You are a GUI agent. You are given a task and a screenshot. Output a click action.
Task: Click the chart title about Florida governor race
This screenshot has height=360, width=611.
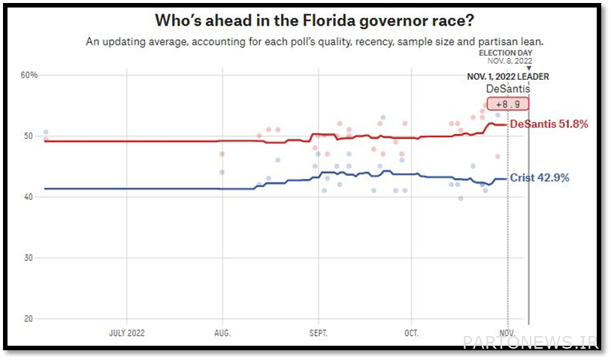click(x=304, y=20)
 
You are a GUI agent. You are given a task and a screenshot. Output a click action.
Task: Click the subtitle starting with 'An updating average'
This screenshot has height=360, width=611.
click(x=304, y=42)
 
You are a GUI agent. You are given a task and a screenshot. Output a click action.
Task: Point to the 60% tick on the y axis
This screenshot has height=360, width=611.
click(x=29, y=75)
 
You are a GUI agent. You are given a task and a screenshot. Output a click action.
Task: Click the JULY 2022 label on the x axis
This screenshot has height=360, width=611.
click(x=127, y=332)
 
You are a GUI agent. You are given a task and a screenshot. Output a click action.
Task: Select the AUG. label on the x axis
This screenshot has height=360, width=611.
click(x=222, y=332)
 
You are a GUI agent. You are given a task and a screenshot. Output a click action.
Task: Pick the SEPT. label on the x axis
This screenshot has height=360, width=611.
click(x=318, y=332)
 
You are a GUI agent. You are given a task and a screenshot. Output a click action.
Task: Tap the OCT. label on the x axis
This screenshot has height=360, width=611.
click(x=411, y=332)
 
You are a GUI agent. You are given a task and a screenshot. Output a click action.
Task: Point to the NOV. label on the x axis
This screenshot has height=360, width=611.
click(x=507, y=332)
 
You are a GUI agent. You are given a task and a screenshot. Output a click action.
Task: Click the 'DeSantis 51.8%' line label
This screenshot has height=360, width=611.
click(x=549, y=124)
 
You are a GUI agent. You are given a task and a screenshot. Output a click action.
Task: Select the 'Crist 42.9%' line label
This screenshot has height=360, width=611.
click(x=540, y=178)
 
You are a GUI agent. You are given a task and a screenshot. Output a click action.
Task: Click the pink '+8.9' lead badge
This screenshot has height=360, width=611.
click(x=508, y=104)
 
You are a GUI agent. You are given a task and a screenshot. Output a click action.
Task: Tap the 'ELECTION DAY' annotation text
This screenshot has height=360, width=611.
click(x=505, y=53)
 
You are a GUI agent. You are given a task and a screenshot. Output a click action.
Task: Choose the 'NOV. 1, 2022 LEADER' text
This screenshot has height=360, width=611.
click(x=507, y=77)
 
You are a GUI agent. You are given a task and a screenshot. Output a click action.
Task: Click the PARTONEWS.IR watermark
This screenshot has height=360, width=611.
click(x=531, y=343)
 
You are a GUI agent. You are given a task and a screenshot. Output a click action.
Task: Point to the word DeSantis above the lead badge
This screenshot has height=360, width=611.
click(x=507, y=89)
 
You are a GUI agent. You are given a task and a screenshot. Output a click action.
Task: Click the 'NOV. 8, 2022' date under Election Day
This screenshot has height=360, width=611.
click(x=509, y=61)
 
